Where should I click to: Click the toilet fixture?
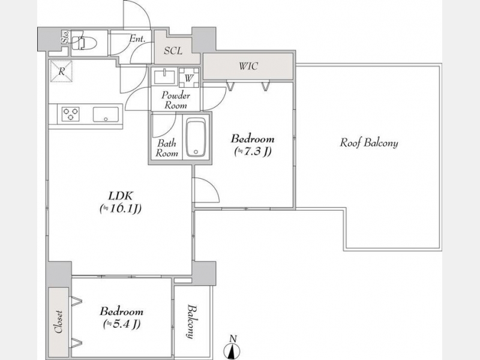click(85, 43)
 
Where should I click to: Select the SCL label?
click(173, 51)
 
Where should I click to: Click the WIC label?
click(248, 66)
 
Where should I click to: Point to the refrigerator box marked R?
click(62, 71)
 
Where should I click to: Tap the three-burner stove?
click(71, 114)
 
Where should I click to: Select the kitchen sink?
click(106, 115)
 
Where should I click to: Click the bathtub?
click(196, 137)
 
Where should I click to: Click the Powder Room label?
click(176, 100)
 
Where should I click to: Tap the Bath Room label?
click(167, 148)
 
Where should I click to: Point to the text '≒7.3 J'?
click(253, 152)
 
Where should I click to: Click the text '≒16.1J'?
click(121, 209)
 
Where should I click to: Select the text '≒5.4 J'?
click(122, 324)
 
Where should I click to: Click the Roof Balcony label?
click(369, 143)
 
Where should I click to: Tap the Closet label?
click(58, 322)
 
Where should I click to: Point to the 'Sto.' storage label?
click(65, 37)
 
